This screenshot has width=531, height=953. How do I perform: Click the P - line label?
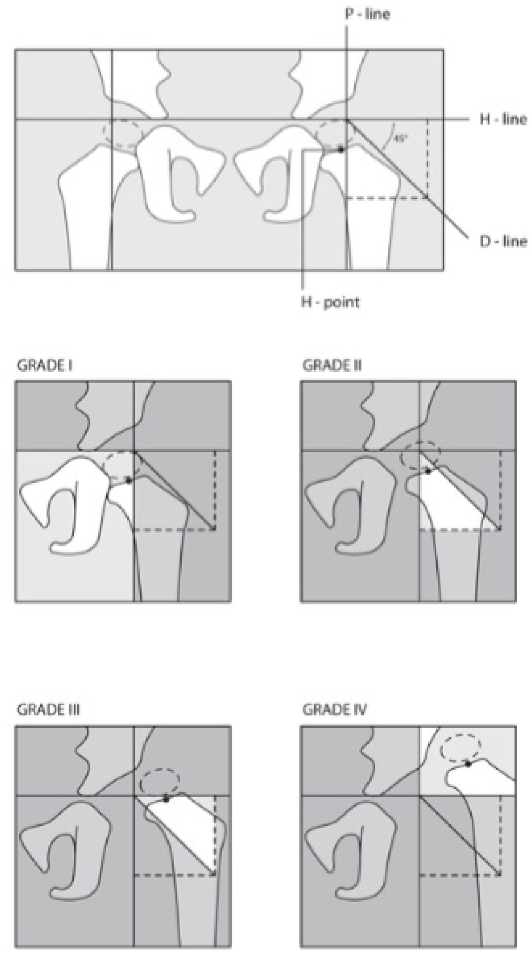tap(367, 14)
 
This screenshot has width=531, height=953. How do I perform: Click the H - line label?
tap(503, 119)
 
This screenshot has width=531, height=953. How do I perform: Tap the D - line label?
tap(503, 242)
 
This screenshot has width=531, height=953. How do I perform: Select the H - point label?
tap(330, 303)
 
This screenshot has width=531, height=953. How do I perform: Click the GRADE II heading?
tap(332, 366)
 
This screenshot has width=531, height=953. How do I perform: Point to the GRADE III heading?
tap(48, 710)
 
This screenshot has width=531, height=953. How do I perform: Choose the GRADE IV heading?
tap(334, 710)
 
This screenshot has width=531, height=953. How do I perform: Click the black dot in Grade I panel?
tap(129, 480)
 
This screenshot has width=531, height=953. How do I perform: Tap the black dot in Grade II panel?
tap(428, 471)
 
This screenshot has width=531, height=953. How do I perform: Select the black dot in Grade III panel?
tap(166, 800)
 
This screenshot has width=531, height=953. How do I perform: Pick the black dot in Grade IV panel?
tap(468, 764)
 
